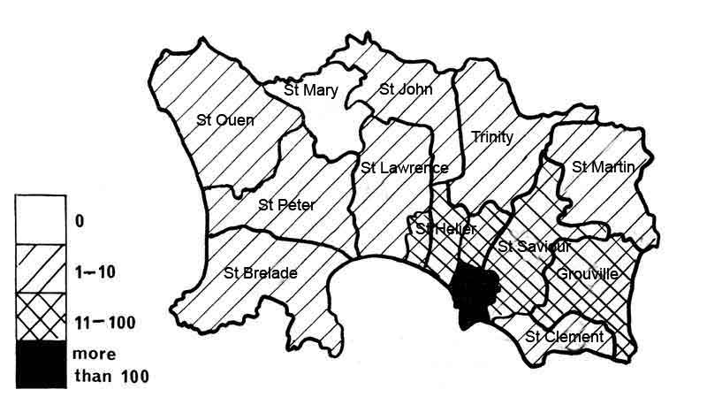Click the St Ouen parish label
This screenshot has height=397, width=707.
(x=224, y=120)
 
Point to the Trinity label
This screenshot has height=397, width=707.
(x=492, y=137)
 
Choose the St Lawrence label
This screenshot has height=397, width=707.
(x=404, y=168)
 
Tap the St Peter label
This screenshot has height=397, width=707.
(x=286, y=205)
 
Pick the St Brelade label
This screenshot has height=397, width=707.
(x=261, y=272)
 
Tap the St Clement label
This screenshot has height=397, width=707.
(x=564, y=336)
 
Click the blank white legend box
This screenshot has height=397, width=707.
(x=41, y=221)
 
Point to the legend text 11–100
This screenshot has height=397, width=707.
(x=106, y=322)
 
